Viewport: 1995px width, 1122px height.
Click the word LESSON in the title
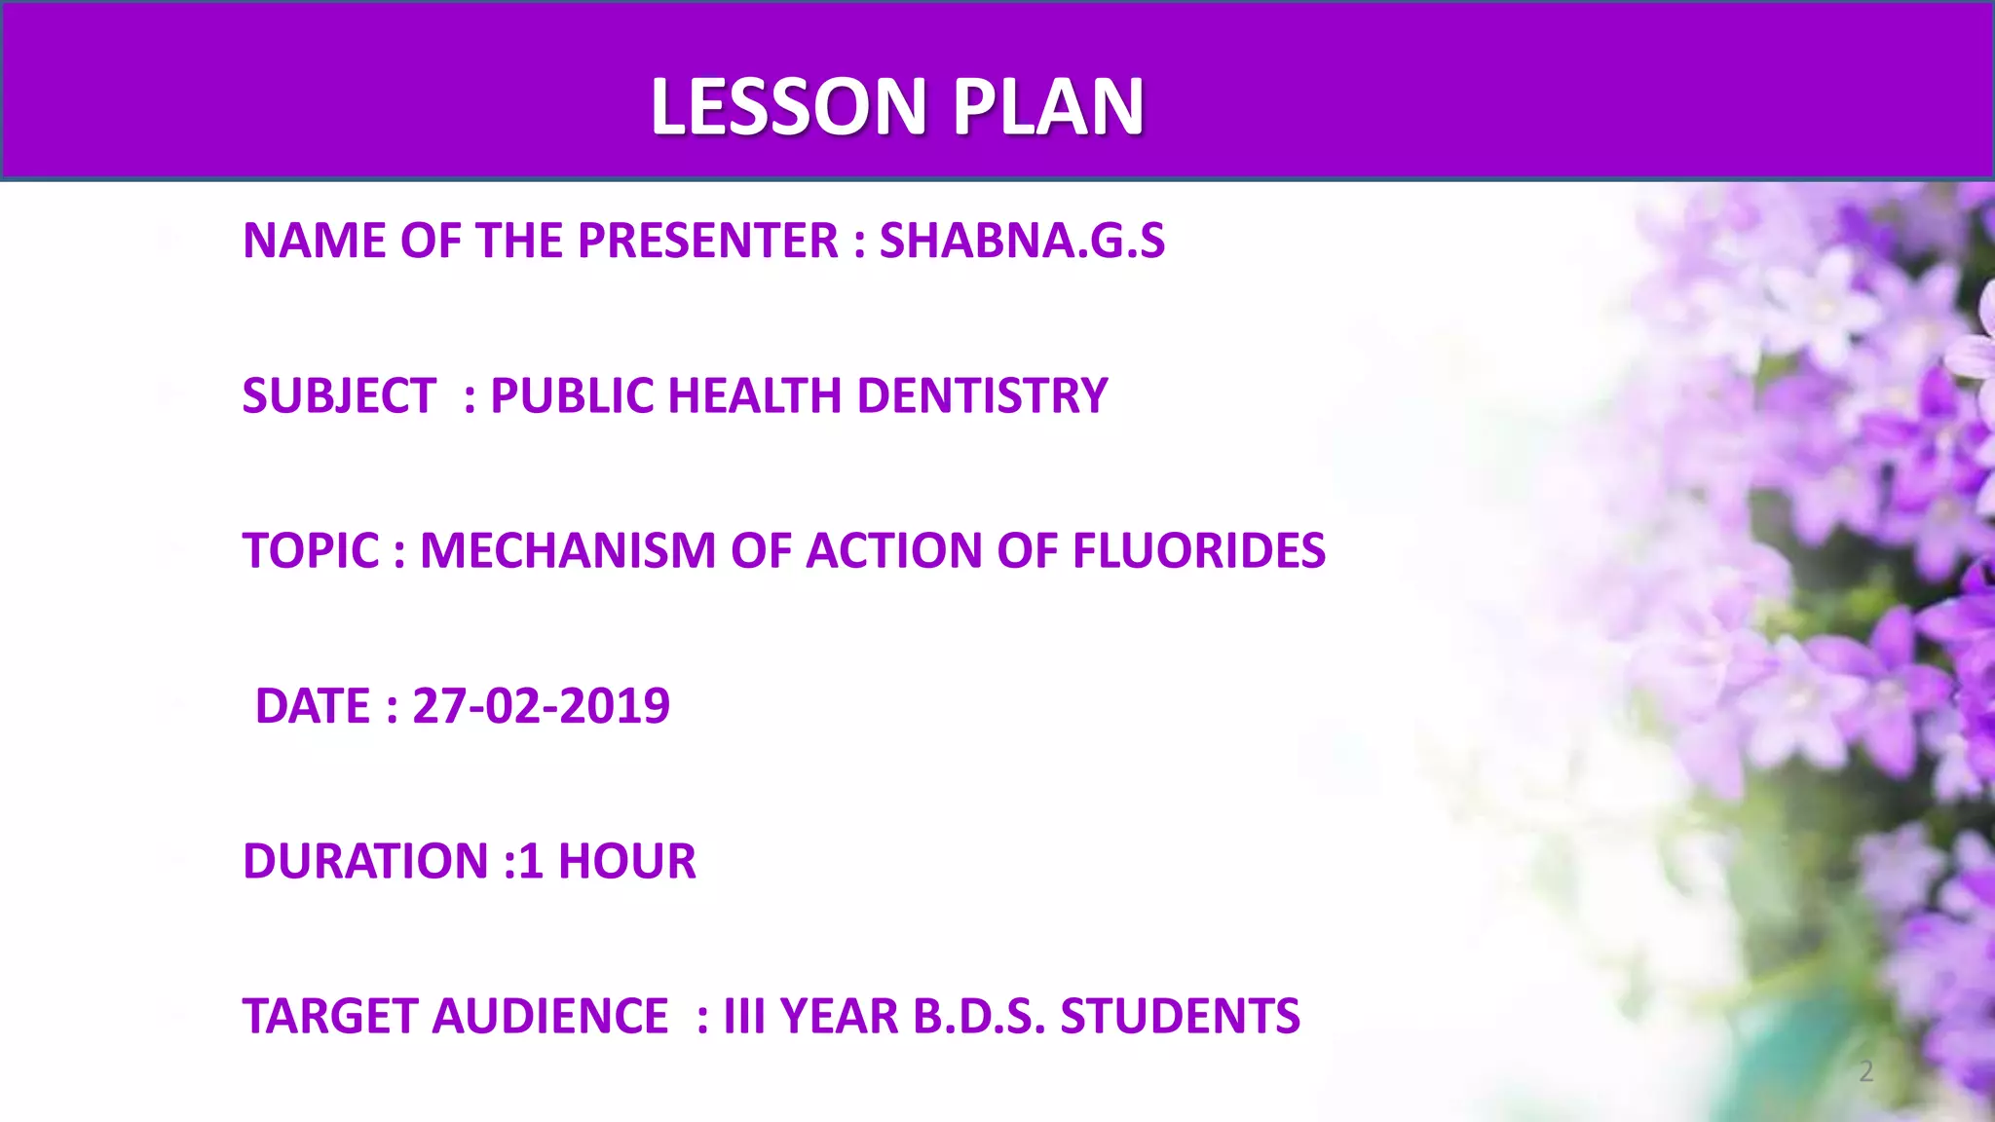(788, 106)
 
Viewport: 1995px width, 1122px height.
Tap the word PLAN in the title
(1048, 106)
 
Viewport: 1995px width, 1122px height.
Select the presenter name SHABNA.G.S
(1022, 241)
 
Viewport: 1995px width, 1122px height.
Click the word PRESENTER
(707, 241)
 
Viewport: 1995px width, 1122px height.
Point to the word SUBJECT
(339, 395)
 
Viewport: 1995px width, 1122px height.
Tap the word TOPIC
(311, 550)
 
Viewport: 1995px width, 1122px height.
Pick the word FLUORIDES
(1198, 550)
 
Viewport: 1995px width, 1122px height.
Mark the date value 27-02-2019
(541, 705)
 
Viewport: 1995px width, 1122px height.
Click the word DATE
(313, 705)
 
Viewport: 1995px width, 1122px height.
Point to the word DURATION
(365, 861)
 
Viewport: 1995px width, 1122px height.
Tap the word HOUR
(627, 861)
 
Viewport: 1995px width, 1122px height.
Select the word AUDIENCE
(550, 1016)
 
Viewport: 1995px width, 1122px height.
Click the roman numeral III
(743, 1016)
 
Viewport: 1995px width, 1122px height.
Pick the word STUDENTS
(1180, 1016)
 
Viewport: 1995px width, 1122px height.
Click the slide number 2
(1865, 1071)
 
